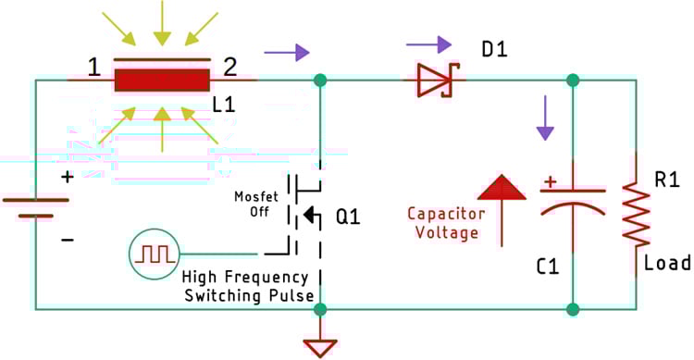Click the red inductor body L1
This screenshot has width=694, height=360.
click(x=162, y=80)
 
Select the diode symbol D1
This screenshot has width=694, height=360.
click(x=433, y=81)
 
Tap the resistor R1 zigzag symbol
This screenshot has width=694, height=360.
click(x=636, y=214)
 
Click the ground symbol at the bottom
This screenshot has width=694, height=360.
click(x=320, y=346)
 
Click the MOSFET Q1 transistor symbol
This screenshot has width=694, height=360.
click(x=302, y=214)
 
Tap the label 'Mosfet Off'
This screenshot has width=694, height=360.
click(x=250, y=204)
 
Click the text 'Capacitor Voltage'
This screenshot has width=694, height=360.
click(x=444, y=223)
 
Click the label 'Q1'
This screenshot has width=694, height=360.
click(x=348, y=218)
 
